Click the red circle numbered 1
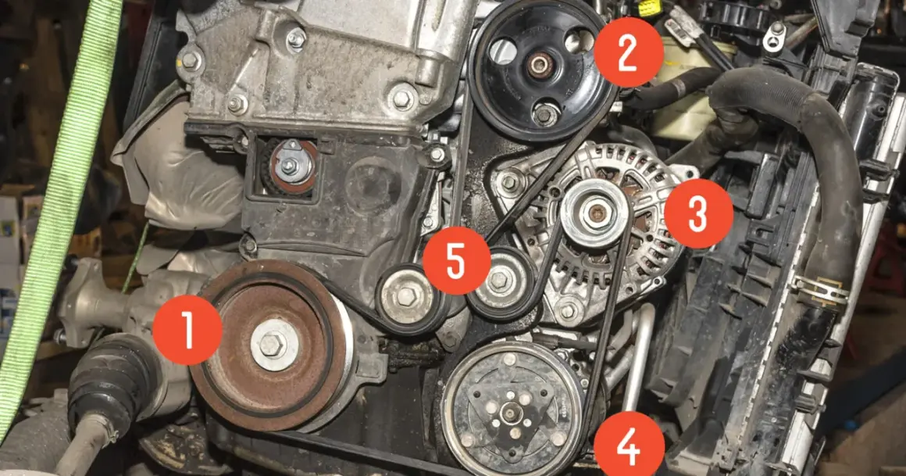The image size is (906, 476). (187, 330)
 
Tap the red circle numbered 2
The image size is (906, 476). (629, 52)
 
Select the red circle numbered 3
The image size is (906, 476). (698, 213)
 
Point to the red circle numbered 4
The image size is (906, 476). (629, 446)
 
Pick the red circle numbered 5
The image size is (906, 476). (456, 259)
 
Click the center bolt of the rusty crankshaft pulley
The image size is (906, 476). (271, 345)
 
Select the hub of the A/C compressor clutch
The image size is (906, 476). (511, 411)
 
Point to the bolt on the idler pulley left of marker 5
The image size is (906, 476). (406, 297)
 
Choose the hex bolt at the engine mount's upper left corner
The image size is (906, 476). (189, 60)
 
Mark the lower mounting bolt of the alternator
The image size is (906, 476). (569, 311)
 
